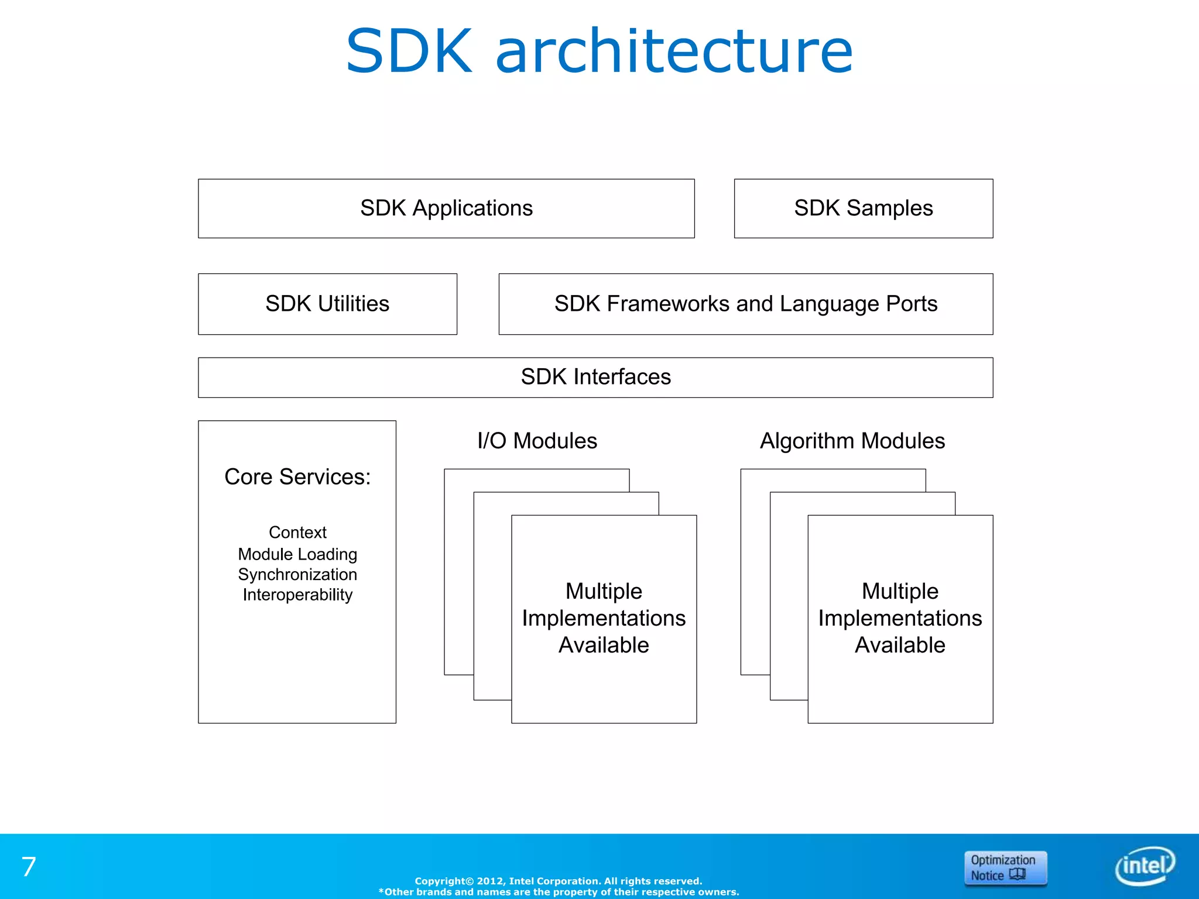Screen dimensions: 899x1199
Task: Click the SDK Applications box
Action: point(446,208)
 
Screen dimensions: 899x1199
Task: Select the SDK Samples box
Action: point(863,208)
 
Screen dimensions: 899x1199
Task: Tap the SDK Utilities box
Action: point(327,304)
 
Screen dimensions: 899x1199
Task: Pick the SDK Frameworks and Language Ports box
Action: point(745,304)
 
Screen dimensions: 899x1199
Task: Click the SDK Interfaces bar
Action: point(595,377)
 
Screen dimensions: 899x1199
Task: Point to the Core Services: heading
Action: point(297,477)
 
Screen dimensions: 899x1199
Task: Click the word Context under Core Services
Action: point(297,532)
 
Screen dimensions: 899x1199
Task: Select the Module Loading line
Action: point(297,554)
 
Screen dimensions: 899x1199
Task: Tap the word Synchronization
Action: point(297,574)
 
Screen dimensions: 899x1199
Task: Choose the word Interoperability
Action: point(297,595)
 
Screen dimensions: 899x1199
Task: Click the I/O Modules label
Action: point(537,441)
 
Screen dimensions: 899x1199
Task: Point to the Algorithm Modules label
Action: point(852,441)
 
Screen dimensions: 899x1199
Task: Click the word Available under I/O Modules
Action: point(604,645)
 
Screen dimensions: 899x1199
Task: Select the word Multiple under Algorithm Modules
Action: point(900,591)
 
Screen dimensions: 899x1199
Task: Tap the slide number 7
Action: point(29,867)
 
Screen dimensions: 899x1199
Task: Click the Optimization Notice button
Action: point(1005,868)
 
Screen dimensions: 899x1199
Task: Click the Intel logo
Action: point(1145,866)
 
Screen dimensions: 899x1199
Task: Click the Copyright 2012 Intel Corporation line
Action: point(558,881)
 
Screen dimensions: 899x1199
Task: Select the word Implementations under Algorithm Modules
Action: point(900,618)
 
